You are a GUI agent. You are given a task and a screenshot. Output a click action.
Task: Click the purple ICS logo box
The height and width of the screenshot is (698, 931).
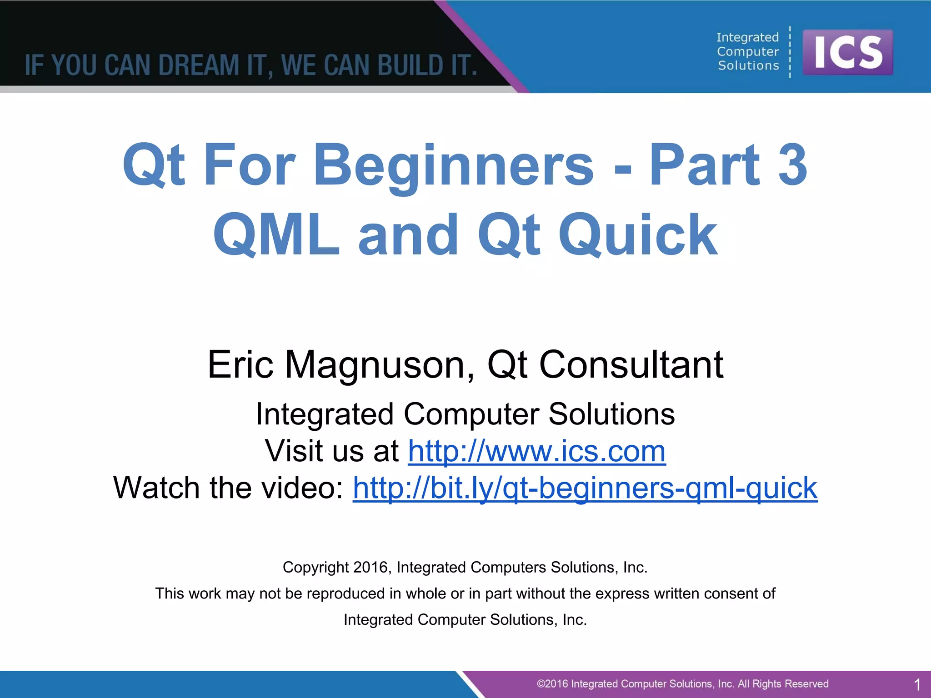[847, 52]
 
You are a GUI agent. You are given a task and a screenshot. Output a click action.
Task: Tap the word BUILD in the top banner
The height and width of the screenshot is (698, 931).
[410, 65]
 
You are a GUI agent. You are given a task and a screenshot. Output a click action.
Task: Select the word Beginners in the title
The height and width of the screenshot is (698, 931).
[453, 166]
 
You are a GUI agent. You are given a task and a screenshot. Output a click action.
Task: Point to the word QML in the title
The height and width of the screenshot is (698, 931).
[276, 235]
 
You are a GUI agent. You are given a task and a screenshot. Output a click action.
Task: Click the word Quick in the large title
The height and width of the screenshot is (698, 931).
[638, 235]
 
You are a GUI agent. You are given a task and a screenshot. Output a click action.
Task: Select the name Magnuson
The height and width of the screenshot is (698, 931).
[380, 364]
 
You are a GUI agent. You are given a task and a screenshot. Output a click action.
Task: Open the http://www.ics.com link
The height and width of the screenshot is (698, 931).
[536, 451]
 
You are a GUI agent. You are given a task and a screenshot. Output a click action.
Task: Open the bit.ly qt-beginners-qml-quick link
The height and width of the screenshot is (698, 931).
[585, 488]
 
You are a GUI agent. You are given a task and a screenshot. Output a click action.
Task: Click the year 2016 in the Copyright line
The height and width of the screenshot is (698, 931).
[370, 567]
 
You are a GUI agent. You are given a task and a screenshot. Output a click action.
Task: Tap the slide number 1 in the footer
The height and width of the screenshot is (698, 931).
[917, 684]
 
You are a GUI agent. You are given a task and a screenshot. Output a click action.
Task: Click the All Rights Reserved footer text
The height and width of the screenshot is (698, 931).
[783, 684]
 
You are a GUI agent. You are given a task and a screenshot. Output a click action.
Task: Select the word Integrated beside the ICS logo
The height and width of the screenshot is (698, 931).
[747, 37]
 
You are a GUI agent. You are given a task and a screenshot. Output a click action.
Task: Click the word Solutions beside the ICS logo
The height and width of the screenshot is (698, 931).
[748, 66]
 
